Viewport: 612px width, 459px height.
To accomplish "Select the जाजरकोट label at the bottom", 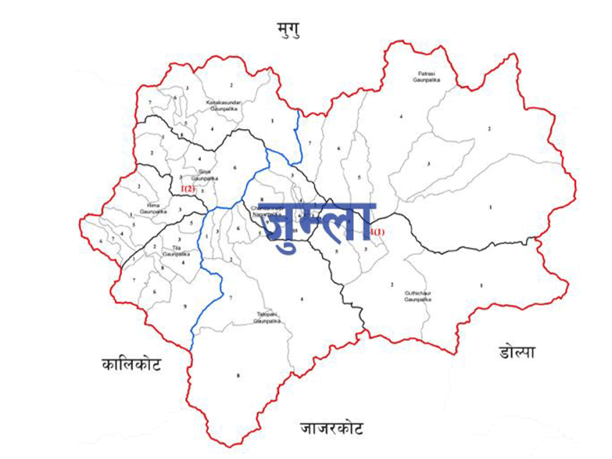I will [331, 429].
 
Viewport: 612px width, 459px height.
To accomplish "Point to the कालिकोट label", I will [131, 364].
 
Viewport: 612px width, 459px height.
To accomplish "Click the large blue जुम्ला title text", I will [320, 222].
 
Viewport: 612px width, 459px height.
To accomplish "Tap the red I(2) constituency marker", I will [188, 189].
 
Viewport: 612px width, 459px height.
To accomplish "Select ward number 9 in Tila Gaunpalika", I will [184, 307].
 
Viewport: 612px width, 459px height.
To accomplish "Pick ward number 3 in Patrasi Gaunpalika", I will [428, 164].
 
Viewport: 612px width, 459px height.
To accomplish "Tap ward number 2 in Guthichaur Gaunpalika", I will [392, 285].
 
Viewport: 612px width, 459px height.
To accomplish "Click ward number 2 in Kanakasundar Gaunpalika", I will [231, 85].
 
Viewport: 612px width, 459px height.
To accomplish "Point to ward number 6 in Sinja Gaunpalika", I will [234, 167].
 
